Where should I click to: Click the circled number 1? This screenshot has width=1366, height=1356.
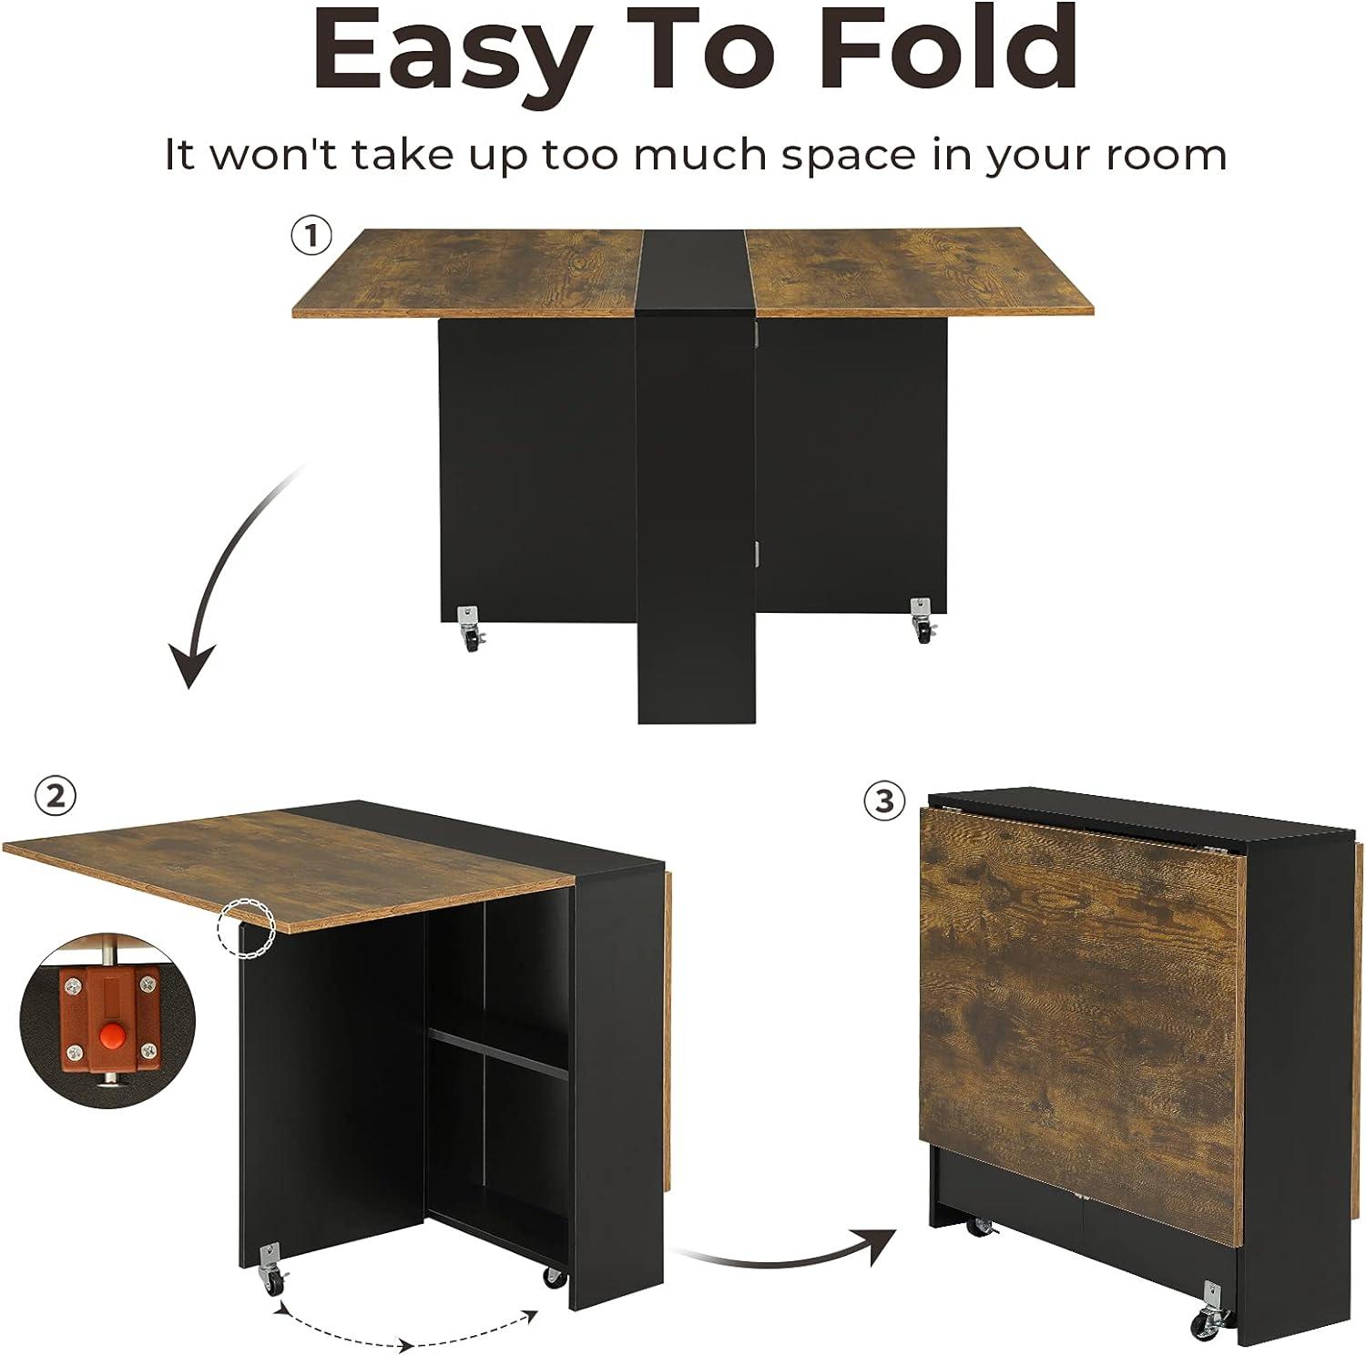click(311, 237)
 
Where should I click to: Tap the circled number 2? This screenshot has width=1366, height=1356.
click(55, 797)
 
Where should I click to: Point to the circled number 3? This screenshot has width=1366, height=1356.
click(884, 801)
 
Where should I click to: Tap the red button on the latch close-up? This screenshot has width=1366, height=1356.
click(111, 1034)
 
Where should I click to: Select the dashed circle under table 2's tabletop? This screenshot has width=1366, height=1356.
click(246, 927)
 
